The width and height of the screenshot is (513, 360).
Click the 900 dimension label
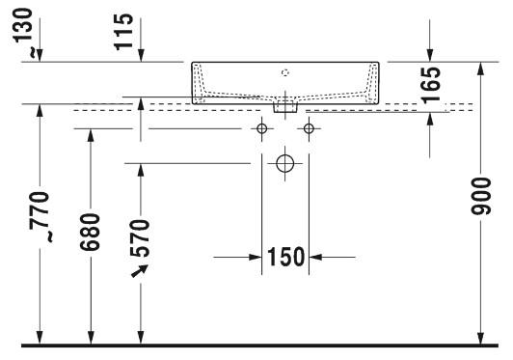click(x=481, y=196)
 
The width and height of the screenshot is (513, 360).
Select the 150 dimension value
click(x=286, y=257)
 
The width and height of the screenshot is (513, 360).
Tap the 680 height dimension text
click(x=90, y=232)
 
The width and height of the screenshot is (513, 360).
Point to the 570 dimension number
click(x=140, y=238)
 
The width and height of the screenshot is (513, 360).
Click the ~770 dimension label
click(x=40, y=217)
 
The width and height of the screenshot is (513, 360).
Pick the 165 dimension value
click(x=430, y=85)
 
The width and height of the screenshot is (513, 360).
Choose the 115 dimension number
click(x=124, y=32)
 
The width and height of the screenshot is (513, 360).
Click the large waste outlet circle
click(x=285, y=163)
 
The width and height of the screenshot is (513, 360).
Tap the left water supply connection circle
click(x=261, y=128)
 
